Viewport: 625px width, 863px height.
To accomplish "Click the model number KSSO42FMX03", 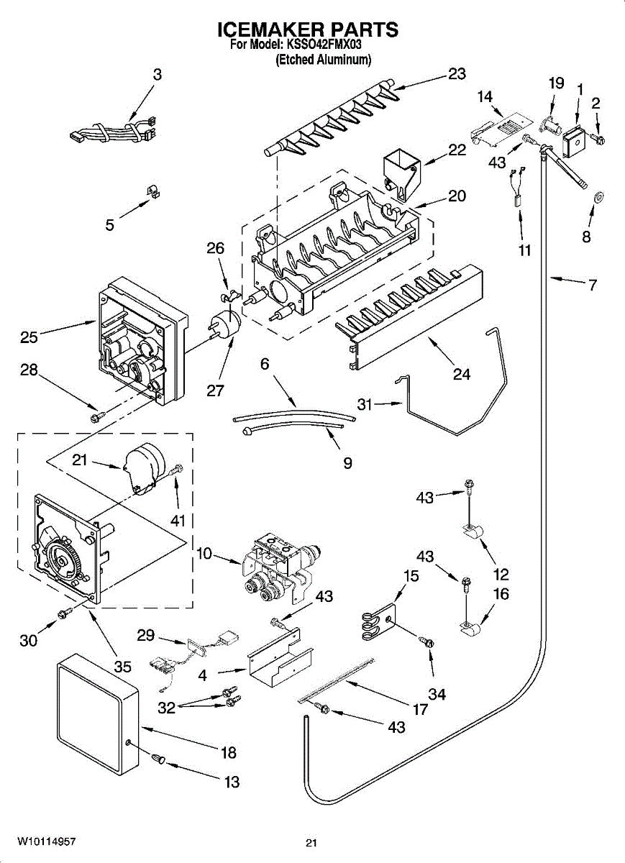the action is click(x=324, y=45).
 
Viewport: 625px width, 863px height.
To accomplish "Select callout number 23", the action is click(x=457, y=73).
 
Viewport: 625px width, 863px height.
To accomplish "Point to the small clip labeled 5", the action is click(x=154, y=191).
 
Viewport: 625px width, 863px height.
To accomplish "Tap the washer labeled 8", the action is click(x=599, y=197).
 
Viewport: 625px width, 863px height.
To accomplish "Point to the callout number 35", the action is click(x=123, y=666).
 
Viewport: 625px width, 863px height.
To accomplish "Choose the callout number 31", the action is click(x=365, y=404).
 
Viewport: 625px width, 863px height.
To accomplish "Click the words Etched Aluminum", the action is click(x=324, y=60).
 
